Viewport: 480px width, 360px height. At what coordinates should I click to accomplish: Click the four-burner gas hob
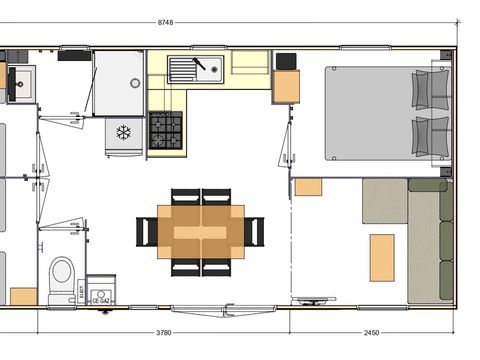(x=166, y=130)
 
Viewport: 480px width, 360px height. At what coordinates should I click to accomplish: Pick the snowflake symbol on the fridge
(x=124, y=132)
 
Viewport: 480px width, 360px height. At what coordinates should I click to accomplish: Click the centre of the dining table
(x=201, y=232)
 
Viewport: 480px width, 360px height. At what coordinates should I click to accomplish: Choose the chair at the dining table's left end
(x=147, y=232)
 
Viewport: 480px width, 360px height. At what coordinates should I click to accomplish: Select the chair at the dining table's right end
(x=255, y=232)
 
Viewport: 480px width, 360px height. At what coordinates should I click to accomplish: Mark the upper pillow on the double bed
(x=431, y=88)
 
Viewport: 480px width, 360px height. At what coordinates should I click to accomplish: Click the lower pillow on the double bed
(x=431, y=135)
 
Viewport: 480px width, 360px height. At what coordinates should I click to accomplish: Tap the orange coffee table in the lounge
(x=381, y=257)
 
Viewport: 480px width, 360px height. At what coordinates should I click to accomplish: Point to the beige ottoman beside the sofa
(x=384, y=201)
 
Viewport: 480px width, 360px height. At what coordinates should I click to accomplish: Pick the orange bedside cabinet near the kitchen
(x=286, y=87)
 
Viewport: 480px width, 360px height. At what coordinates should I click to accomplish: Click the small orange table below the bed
(x=308, y=187)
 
